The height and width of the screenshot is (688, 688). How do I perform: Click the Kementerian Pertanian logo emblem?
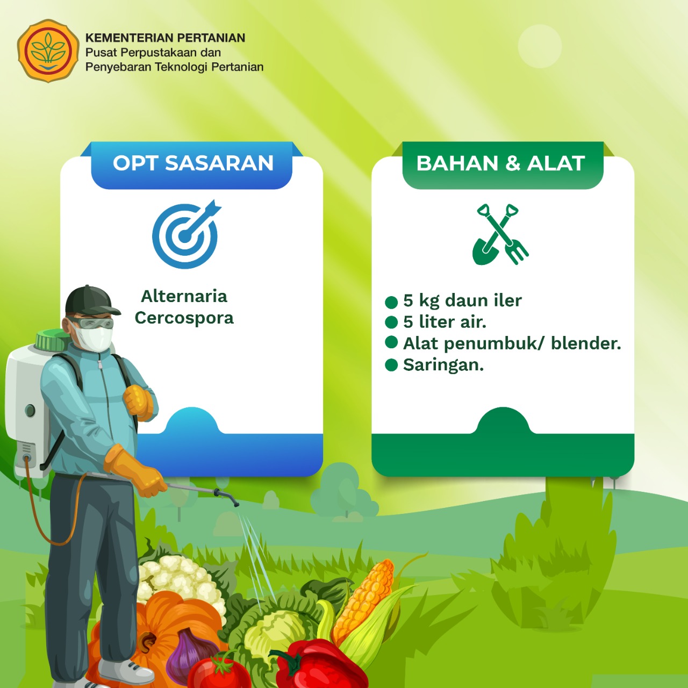coord(48,51)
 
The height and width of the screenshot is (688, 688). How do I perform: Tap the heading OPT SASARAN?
coord(193,163)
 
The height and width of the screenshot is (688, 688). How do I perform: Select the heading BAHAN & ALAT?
coord(500,163)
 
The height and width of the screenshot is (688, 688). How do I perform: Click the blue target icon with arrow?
coord(186,234)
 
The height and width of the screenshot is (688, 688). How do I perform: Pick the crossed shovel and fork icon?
coord(500,234)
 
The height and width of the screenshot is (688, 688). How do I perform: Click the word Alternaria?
coord(184,296)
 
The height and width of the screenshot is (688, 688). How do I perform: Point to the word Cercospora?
coord(184,318)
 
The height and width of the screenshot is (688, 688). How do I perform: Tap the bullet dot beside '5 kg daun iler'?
coord(391,302)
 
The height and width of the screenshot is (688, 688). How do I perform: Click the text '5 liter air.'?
coord(445,322)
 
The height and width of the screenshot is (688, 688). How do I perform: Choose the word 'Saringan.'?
coord(443,365)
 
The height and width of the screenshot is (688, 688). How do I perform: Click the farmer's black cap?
coord(91,301)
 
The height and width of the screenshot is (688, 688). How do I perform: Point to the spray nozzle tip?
coord(235,505)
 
